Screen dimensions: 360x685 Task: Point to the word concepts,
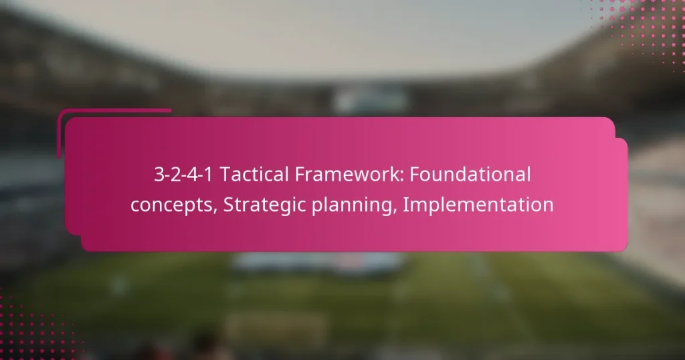174,205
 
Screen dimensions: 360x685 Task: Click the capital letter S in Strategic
228,205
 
